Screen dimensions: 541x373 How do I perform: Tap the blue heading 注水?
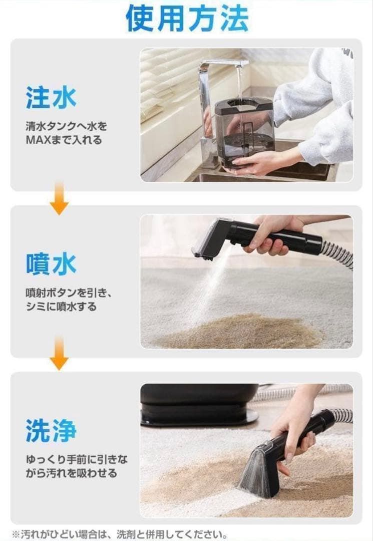point(51,97)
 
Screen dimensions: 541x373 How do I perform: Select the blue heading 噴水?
point(51,264)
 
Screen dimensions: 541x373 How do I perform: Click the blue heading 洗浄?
point(51,430)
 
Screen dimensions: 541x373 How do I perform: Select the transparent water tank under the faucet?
point(244,130)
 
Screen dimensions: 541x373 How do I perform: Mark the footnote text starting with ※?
point(120,534)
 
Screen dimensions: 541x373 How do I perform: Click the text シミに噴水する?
point(61,306)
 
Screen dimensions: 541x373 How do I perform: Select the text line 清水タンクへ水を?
point(66,126)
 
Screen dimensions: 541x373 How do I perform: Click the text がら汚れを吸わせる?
point(71,473)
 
